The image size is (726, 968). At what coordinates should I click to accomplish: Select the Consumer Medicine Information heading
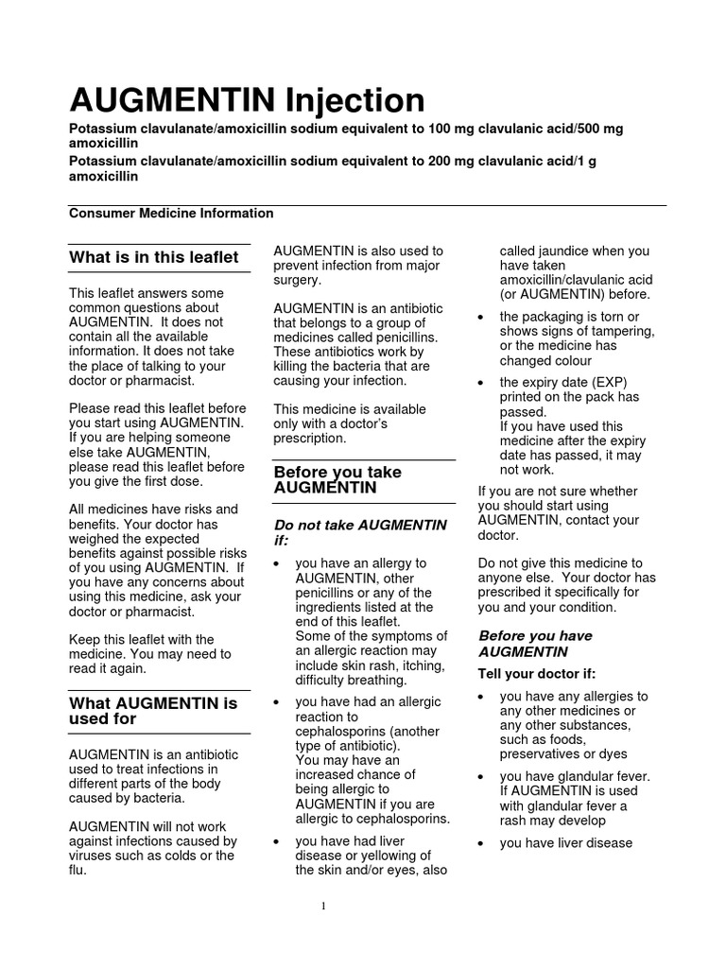171,214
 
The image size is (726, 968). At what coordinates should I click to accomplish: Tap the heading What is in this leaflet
154,258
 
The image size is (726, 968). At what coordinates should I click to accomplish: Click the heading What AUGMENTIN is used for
153,711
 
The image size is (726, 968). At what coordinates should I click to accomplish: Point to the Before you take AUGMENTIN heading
337,479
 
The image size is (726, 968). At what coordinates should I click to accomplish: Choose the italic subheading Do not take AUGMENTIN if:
360,531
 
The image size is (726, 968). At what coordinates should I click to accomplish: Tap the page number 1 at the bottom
322,906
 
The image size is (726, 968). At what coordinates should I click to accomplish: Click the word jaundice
563,251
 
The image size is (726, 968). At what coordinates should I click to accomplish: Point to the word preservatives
543,754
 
